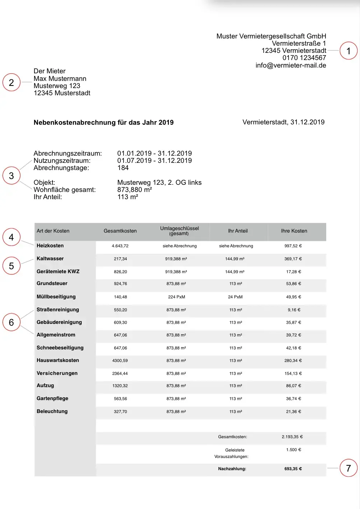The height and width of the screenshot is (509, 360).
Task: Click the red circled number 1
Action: [x=348, y=51]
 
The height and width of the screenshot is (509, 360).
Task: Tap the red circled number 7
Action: [x=348, y=468]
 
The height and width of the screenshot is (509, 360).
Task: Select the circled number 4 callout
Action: [x=11, y=237]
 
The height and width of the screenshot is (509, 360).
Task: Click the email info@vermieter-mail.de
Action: [x=291, y=65]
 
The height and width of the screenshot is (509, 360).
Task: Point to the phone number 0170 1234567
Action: [x=304, y=58]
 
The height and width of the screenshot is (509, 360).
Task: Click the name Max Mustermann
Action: [x=60, y=79]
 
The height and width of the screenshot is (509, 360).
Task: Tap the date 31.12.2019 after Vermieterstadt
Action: [x=307, y=122]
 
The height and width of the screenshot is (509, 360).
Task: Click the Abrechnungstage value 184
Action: [x=123, y=168]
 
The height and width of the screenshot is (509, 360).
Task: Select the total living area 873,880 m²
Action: [x=134, y=190]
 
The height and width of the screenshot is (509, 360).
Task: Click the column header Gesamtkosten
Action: [x=120, y=231]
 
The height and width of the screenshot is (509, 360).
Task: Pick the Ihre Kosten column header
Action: [x=294, y=231]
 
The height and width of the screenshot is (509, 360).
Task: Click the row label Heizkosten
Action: [x=50, y=246]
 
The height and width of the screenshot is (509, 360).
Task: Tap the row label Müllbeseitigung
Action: [x=56, y=297]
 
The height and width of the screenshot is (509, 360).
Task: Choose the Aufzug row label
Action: [x=45, y=386]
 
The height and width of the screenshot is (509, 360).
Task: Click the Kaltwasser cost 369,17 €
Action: [x=293, y=259]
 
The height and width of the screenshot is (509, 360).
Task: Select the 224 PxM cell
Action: [x=176, y=297]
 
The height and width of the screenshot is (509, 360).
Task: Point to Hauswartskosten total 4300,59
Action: [x=120, y=361]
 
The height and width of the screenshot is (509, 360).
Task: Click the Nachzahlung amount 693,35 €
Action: [x=293, y=469]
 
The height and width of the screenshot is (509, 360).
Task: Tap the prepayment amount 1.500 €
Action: [x=294, y=450]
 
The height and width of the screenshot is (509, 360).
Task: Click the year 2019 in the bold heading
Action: [x=166, y=123]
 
